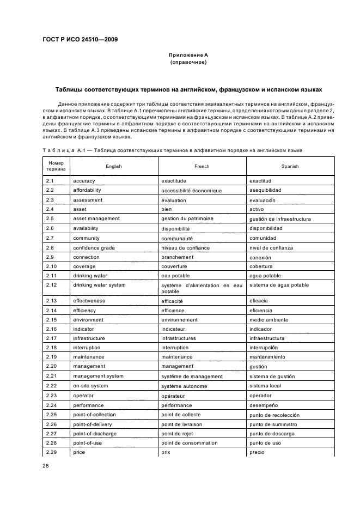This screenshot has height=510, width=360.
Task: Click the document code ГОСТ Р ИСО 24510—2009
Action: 81,39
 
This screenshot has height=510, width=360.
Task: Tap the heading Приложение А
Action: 188,55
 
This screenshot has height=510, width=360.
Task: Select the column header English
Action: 114,166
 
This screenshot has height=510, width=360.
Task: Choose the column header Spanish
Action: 290,166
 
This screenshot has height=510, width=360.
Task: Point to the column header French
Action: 202,166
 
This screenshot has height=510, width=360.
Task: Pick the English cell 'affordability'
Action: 87,190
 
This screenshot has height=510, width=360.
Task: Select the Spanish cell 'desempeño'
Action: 264,405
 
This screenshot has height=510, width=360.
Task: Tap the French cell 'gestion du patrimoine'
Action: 187,219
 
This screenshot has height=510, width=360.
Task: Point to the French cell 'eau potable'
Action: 175,276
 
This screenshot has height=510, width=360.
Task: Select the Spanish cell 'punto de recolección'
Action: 274,415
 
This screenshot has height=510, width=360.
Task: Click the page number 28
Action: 46,465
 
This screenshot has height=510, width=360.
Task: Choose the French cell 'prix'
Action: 166,453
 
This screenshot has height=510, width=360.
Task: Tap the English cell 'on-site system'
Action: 90,386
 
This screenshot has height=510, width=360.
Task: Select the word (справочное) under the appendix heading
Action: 188,62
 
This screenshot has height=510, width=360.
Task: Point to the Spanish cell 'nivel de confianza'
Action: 271,248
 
